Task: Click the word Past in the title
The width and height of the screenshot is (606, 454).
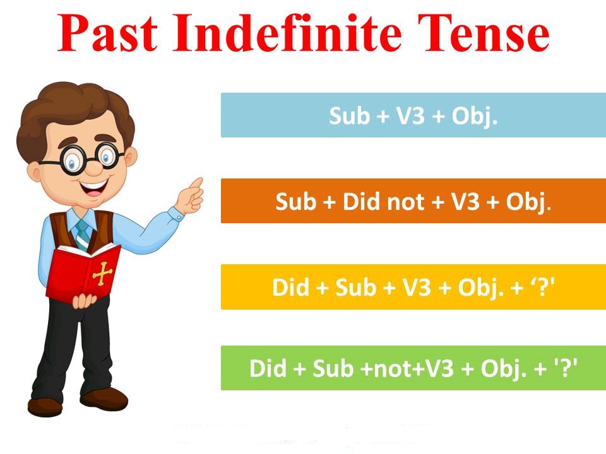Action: tap(108, 33)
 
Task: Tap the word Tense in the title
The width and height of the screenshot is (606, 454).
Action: tap(483, 33)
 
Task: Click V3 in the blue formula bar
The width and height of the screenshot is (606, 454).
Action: tap(411, 115)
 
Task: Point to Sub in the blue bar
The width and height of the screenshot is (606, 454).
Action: tap(349, 115)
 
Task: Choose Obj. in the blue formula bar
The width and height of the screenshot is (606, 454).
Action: tap(475, 116)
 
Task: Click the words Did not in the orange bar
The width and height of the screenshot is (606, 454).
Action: tap(383, 201)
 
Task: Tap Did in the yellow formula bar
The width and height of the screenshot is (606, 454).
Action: tap(290, 288)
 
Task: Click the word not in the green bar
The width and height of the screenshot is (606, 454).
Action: tap(391, 369)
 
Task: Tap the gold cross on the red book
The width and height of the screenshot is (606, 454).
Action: tap(102, 273)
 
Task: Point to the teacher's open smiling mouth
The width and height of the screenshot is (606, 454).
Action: tap(94, 187)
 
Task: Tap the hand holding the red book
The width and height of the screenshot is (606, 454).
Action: tap(84, 301)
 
